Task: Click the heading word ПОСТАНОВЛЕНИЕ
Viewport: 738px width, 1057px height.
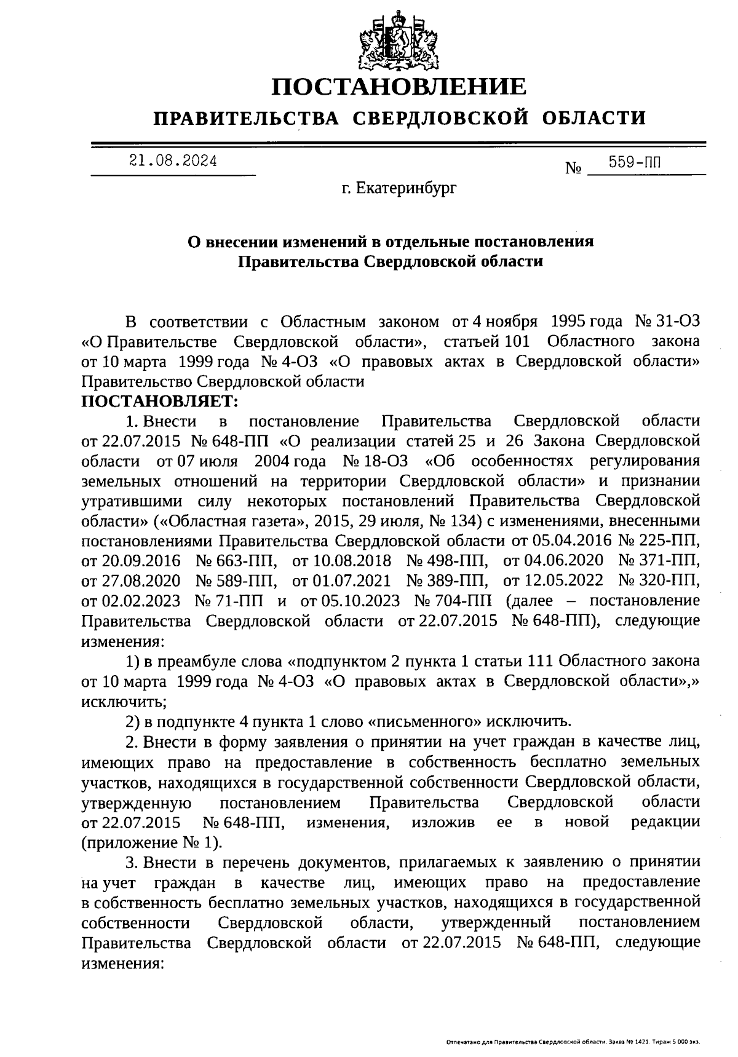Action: coord(400,87)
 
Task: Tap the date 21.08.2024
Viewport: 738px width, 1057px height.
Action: coord(173,161)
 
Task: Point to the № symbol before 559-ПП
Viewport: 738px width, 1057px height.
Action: coord(573,168)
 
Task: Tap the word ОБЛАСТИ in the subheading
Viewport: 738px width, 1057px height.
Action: coord(594,117)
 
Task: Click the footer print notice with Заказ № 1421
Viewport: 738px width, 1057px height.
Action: coord(573,1043)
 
